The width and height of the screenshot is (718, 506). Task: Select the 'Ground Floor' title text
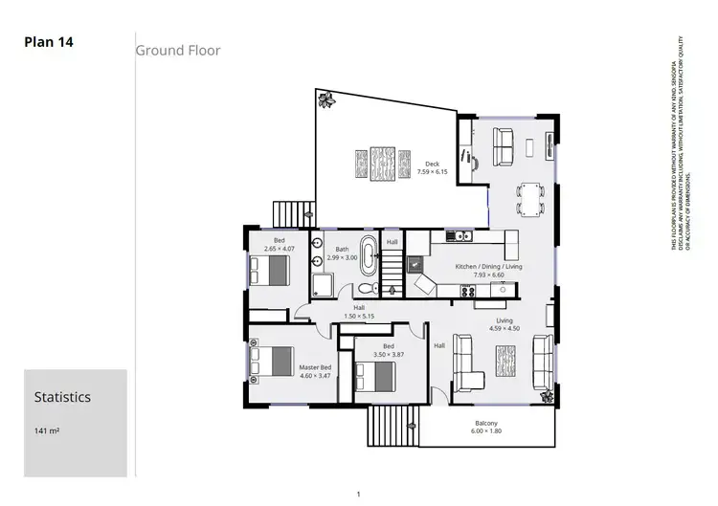[177, 50]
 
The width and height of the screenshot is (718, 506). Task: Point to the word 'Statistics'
[62, 396]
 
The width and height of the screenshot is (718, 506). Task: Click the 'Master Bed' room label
[314, 368]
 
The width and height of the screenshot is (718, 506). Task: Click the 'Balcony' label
[486, 424]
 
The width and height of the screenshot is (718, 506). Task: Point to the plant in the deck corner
[325, 99]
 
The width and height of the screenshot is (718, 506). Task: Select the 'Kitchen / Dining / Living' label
[488, 266]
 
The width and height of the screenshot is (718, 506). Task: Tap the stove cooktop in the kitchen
[470, 291]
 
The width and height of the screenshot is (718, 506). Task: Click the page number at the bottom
[357, 495]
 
